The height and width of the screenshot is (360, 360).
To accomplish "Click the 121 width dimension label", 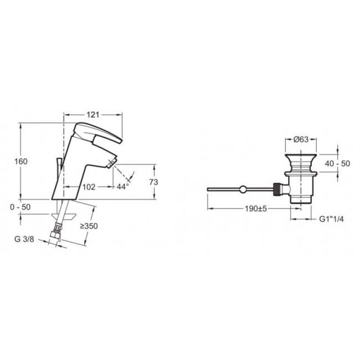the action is coord(93,115).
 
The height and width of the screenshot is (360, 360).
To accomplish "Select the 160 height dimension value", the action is coord(21,162).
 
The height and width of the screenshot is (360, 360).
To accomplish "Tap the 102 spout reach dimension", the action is coord(89,187).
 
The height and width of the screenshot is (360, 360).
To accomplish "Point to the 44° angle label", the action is coord(122,187).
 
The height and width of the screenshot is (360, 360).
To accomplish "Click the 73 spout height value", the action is coord(153,182).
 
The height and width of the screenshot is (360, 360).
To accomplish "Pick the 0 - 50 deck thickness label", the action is coord(20,207).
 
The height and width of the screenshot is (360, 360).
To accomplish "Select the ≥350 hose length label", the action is coord(89,226).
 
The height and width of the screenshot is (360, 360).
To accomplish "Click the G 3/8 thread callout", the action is coord(24,239).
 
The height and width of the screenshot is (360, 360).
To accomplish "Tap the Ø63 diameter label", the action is coord(301,139).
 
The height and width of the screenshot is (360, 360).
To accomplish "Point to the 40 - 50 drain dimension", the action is coord(337,163).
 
